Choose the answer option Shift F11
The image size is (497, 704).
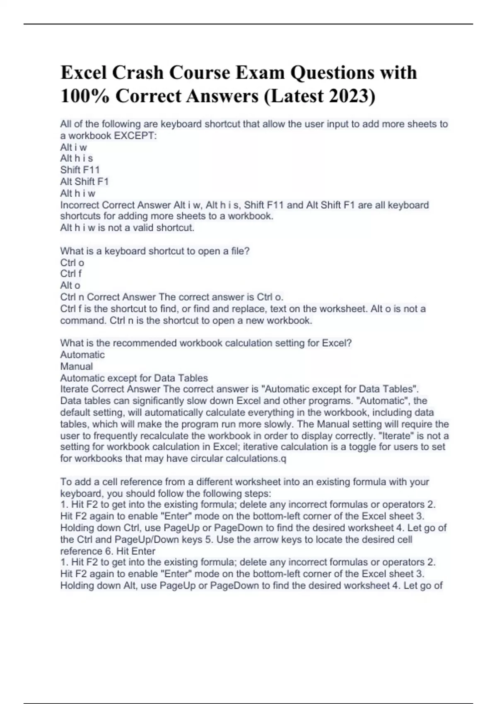(x=80, y=170)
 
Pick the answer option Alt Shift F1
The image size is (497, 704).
(x=84, y=181)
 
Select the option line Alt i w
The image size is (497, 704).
(x=74, y=147)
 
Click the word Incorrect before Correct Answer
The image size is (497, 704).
(x=80, y=205)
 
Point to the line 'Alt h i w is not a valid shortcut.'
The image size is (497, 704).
(x=127, y=227)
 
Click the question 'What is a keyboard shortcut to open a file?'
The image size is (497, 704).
(x=155, y=251)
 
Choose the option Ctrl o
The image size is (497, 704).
(x=72, y=263)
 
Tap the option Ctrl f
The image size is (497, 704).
(x=71, y=273)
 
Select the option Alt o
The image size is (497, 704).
(x=70, y=285)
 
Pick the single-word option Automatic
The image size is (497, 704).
(x=82, y=354)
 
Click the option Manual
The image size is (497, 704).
(x=77, y=366)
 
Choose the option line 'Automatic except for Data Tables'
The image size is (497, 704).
(x=134, y=378)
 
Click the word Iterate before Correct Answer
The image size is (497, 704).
(x=74, y=389)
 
